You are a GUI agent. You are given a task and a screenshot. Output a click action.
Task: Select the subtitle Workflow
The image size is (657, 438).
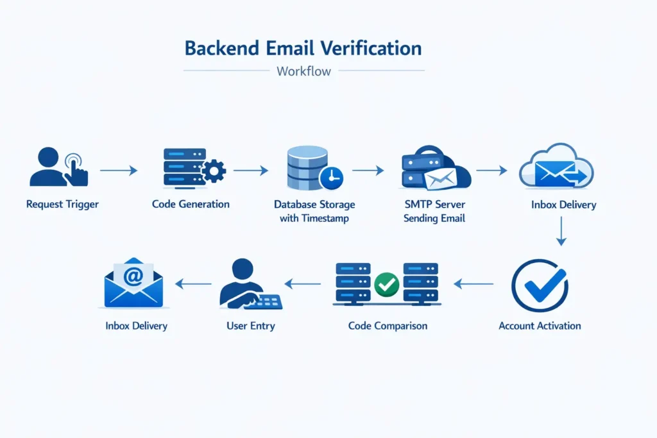pyautogui.click(x=303, y=71)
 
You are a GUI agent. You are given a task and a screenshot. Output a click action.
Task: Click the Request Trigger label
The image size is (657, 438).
pyautogui.click(x=62, y=205)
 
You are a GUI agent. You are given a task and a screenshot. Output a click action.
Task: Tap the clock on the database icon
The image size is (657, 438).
pyautogui.click(x=331, y=177)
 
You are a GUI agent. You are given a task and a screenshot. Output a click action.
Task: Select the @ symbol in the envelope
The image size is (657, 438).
pyautogui.click(x=133, y=277)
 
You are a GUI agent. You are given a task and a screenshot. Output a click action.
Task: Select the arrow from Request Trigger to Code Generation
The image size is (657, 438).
pyautogui.click(x=119, y=171)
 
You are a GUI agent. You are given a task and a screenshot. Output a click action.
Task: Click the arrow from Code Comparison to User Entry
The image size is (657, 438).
pyautogui.click(x=302, y=283)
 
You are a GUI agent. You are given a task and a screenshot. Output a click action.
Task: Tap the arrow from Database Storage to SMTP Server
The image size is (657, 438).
pyautogui.click(x=368, y=171)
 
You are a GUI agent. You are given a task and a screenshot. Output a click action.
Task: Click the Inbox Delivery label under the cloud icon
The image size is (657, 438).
pyautogui.click(x=563, y=205)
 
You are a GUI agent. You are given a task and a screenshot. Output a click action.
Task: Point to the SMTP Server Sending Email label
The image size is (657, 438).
pyautogui.click(x=434, y=212)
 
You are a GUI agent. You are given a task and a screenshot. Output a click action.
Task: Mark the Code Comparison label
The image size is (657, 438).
pyautogui.click(x=388, y=326)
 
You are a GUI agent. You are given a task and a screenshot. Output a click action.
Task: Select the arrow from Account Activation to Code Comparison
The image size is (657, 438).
pyautogui.click(x=474, y=283)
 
